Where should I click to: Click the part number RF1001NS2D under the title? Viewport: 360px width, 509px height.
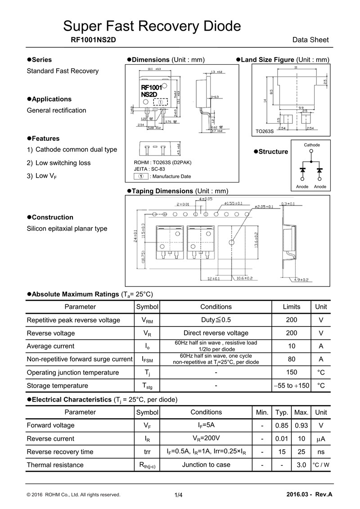pyautogui.click(x=94, y=40)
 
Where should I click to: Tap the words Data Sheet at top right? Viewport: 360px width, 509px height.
pyautogui.click(x=310, y=40)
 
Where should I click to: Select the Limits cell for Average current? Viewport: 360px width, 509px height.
pyautogui.click(x=291, y=346)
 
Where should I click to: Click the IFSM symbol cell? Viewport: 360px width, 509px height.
pyautogui.click(x=147, y=359)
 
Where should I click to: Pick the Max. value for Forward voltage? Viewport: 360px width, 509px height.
pyautogui.click(x=301, y=425)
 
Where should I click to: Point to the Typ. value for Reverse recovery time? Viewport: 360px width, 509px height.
pyautogui.click(x=282, y=452)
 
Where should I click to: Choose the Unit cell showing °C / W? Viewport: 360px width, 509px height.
pyautogui.click(x=321, y=465)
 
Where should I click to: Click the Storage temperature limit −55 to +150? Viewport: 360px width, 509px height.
pyautogui.click(x=291, y=386)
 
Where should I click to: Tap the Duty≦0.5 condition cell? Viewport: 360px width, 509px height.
pyautogui.click(x=216, y=320)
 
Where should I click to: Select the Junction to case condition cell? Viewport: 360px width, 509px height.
pyautogui.click(x=206, y=465)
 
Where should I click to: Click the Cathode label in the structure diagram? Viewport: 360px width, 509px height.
pyautogui.click(x=312, y=145)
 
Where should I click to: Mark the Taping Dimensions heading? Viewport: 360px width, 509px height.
pyautogui.click(x=180, y=191)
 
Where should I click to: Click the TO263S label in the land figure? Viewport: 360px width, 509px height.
pyautogui.click(x=265, y=132)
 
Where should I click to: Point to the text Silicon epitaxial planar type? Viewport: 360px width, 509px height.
pyautogui.click(x=67, y=228)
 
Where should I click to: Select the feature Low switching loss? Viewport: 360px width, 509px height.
pyautogui.click(x=63, y=163)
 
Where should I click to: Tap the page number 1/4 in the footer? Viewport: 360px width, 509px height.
pyautogui.click(x=179, y=495)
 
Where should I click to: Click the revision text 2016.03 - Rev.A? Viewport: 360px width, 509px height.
pyautogui.click(x=309, y=495)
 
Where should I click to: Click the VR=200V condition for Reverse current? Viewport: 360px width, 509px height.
pyautogui.click(x=206, y=438)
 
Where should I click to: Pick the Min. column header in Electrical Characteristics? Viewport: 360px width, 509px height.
pyautogui.click(x=262, y=412)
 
